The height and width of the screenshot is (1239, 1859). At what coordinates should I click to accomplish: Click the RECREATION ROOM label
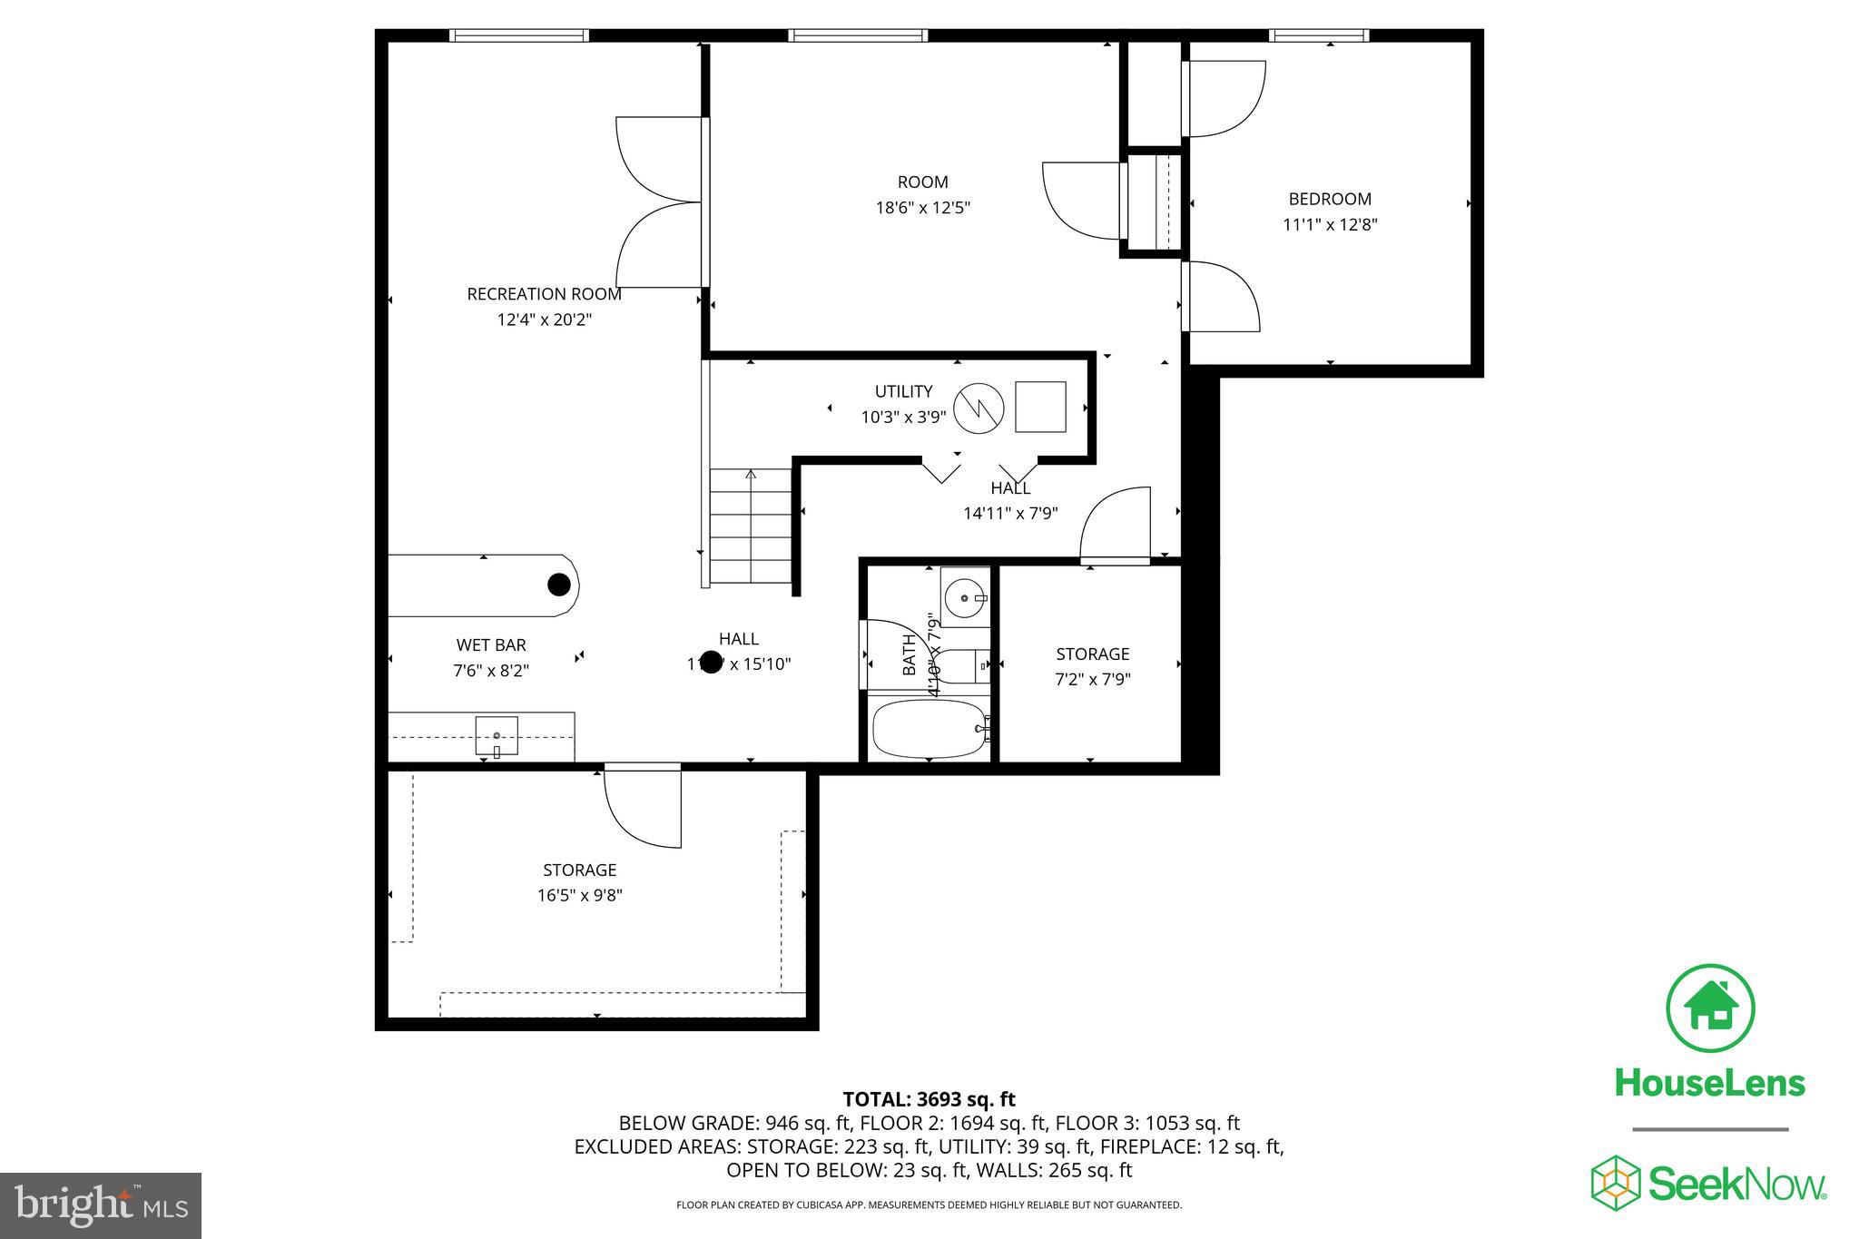[544, 294]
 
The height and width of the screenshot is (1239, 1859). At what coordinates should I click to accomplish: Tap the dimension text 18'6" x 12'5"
[922, 208]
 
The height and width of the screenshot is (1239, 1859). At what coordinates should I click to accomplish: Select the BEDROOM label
[1330, 199]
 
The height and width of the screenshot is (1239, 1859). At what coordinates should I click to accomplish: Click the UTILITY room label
[903, 391]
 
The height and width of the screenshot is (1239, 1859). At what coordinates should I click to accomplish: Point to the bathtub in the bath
[929, 729]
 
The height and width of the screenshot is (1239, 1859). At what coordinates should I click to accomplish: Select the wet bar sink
[497, 735]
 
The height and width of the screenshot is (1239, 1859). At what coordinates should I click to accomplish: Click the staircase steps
[751, 526]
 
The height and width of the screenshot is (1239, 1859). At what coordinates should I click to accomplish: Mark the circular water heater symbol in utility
[979, 408]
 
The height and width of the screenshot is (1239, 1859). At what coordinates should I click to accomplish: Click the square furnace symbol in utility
[1040, 407]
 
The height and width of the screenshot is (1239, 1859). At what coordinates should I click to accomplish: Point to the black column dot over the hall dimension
[711, 662]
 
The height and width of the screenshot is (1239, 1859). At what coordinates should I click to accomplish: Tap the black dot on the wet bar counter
[559, 585]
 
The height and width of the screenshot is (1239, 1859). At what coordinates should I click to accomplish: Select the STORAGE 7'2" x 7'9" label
[1092, 654]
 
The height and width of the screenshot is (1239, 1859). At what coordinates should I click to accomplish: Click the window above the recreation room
[519, 35]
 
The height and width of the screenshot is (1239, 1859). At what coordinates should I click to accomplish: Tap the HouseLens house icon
[1710, 1008]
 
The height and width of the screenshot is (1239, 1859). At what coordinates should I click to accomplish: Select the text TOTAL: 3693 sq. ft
[929, 1099]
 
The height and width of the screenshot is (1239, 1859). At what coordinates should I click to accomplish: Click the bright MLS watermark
[100, 1205]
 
